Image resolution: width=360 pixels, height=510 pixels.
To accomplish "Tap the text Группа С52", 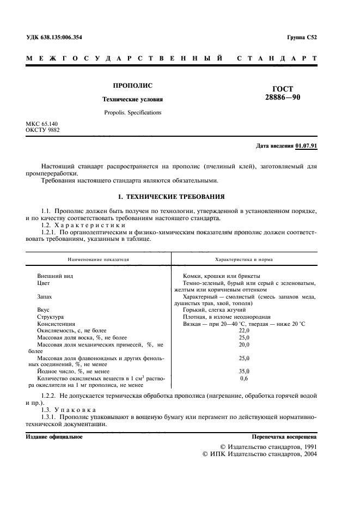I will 302,38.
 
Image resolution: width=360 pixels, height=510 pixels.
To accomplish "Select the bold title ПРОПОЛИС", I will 132,86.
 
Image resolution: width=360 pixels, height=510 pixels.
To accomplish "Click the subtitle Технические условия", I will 133,100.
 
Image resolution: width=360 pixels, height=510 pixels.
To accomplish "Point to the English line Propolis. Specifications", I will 132,113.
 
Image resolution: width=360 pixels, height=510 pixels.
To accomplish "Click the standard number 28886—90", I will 282,98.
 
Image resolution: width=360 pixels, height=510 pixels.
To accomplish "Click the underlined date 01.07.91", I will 307,147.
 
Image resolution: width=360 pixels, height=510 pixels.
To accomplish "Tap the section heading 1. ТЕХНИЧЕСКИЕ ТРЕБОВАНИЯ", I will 172,196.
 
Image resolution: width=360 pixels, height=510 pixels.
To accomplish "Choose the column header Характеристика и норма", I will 244,260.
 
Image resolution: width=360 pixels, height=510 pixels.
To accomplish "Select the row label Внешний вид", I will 55,276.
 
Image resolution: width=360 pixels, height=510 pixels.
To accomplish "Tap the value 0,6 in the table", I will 243,378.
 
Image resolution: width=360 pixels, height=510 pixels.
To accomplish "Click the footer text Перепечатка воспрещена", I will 284,437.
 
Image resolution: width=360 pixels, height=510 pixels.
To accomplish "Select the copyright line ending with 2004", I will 259,453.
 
